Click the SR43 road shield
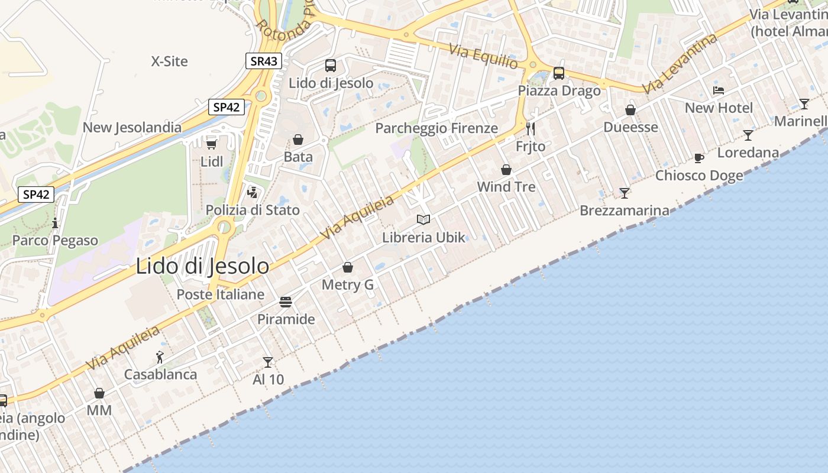263,61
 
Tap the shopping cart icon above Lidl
211,143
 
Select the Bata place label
298,157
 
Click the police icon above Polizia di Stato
253,192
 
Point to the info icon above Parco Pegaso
55,223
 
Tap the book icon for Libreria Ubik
423,220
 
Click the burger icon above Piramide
286,302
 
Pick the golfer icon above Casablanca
160,357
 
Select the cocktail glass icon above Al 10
268,362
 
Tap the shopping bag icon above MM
99,393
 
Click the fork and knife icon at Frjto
531,128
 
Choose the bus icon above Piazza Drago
559,73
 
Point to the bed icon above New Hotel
719,90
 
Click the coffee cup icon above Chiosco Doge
699,158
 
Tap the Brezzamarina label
625,210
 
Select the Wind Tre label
506,187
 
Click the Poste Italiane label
221,294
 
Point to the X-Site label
170,61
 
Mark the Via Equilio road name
484,57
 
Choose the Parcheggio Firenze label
436,128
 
